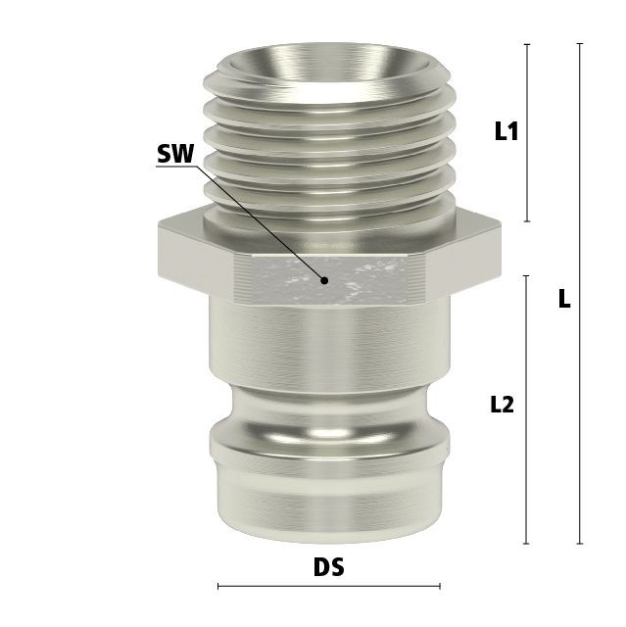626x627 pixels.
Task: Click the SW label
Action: tap(175, 154)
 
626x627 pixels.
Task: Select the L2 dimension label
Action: tap(502, 405)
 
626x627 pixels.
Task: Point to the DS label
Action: tap(328, 566)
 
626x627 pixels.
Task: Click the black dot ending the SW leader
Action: tap(325, 281)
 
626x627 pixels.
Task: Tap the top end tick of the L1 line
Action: tap(527, 44)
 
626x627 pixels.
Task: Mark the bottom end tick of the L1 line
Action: tap(527, 220)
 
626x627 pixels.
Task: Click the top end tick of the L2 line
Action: tap(526, 276)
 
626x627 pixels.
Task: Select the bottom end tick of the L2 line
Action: tap(526, 544)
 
